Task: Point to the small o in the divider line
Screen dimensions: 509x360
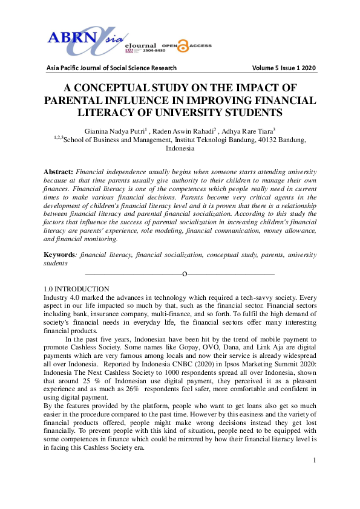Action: click(184, 274)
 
